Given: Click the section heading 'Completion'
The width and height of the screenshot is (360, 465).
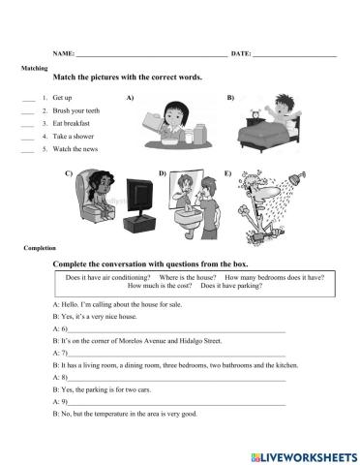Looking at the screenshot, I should click(x=40, y=249).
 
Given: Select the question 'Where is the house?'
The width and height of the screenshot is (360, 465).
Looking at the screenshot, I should click(x=185, y=276).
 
